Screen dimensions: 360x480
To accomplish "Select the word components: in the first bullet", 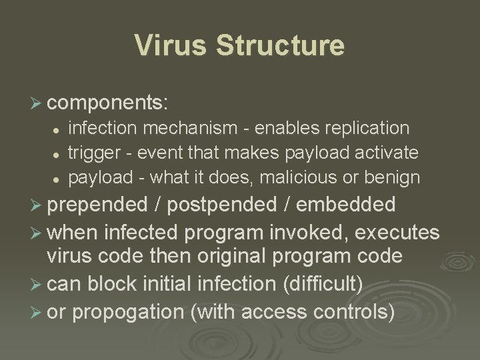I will coord(108,103).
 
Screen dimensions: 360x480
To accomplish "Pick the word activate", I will coord(385,153).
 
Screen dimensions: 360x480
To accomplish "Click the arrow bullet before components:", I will coord(37,104).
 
